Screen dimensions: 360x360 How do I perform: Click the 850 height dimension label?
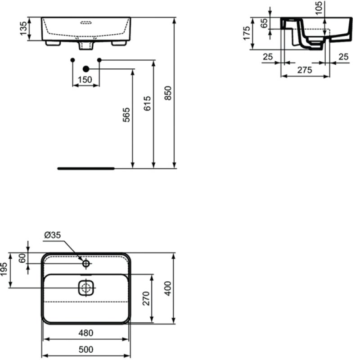(x=168, y=93)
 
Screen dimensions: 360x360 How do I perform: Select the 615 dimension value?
(x=148, y=103)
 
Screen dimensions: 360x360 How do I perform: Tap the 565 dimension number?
(x=126, y=115)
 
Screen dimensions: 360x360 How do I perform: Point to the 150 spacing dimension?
(x=85, y=80)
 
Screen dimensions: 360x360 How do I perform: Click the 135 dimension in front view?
(x=23, y=28)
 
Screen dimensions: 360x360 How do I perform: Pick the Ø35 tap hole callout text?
(x=52, y=235)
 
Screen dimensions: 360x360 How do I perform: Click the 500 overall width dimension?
(x=86, y=350)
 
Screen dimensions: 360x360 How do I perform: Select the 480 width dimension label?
(x=86, y=333)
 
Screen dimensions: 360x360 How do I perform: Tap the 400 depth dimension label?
(x=168, y=288)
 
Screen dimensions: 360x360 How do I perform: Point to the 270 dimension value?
(x=146, y=298)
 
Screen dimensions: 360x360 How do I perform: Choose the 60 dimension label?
(x=22, y=258)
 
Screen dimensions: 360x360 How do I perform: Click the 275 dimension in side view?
(x=305, y=70)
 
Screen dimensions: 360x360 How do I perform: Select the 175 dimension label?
(x=247, y=33)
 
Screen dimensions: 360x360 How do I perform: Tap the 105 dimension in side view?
(x=319, y=8)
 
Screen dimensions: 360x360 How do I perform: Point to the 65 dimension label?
(x=265, y=23)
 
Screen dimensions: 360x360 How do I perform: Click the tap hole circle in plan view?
(x=86, y=264)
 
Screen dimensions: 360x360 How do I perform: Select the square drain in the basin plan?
(x=86, y=288)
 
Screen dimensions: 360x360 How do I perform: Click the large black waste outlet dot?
(x=86, y=69)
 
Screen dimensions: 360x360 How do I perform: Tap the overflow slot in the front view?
(x=86, y=22)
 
